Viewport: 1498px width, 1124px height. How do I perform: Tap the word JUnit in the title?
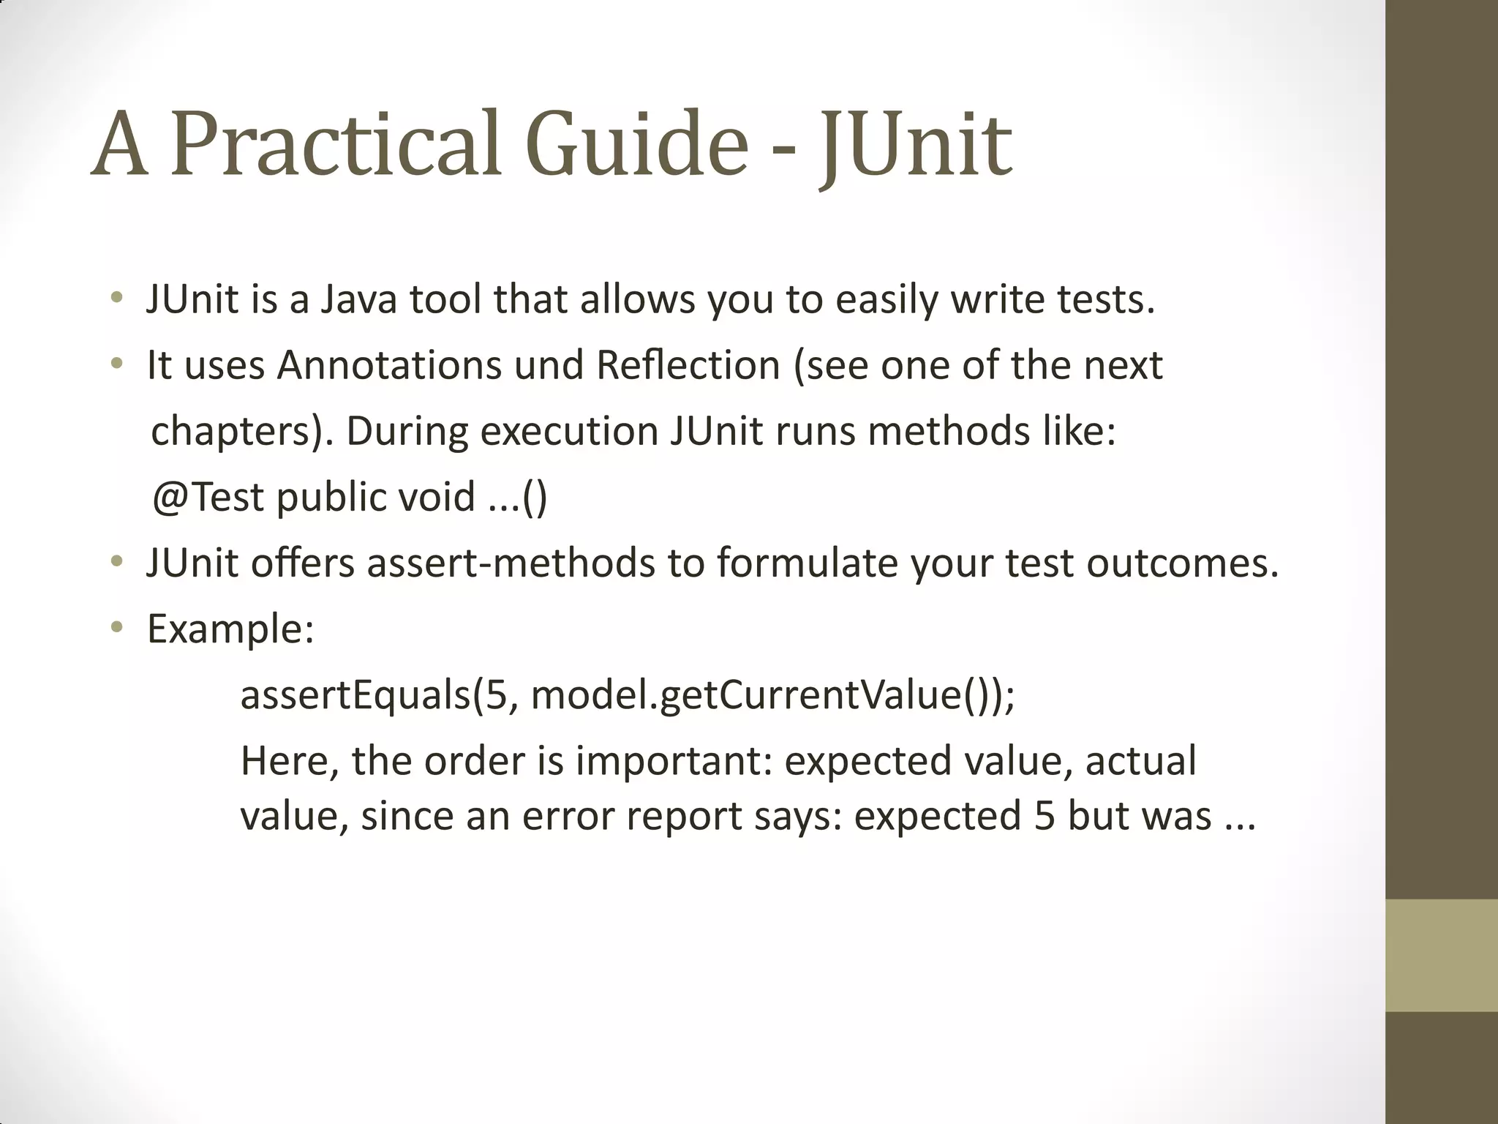point(914,145)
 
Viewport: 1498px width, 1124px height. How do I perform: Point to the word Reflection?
point(688,365)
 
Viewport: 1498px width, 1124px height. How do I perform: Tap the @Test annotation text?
point(208,497)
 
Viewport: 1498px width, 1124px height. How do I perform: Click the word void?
point(436,497)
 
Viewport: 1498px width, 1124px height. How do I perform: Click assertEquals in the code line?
point(355,694)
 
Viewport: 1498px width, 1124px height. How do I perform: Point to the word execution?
point(569,431)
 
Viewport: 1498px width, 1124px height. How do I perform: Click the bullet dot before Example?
point(116,627)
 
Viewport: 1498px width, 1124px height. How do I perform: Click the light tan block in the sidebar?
point(1441,955)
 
